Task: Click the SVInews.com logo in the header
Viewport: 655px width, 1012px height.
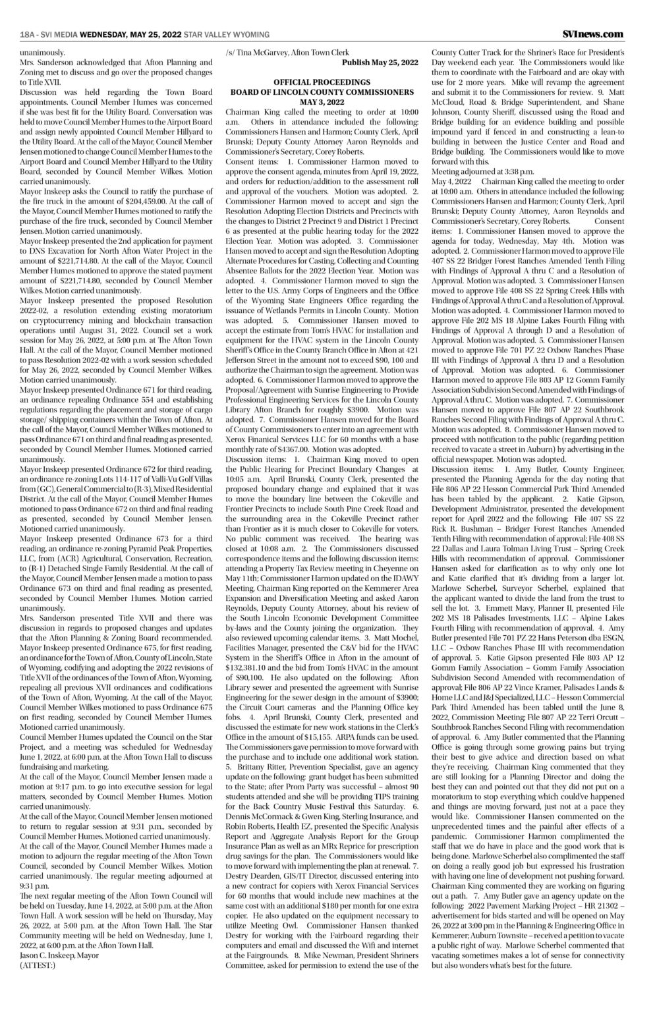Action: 592,34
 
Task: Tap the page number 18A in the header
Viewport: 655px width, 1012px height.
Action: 27,34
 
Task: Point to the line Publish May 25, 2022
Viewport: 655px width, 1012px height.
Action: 380,62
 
